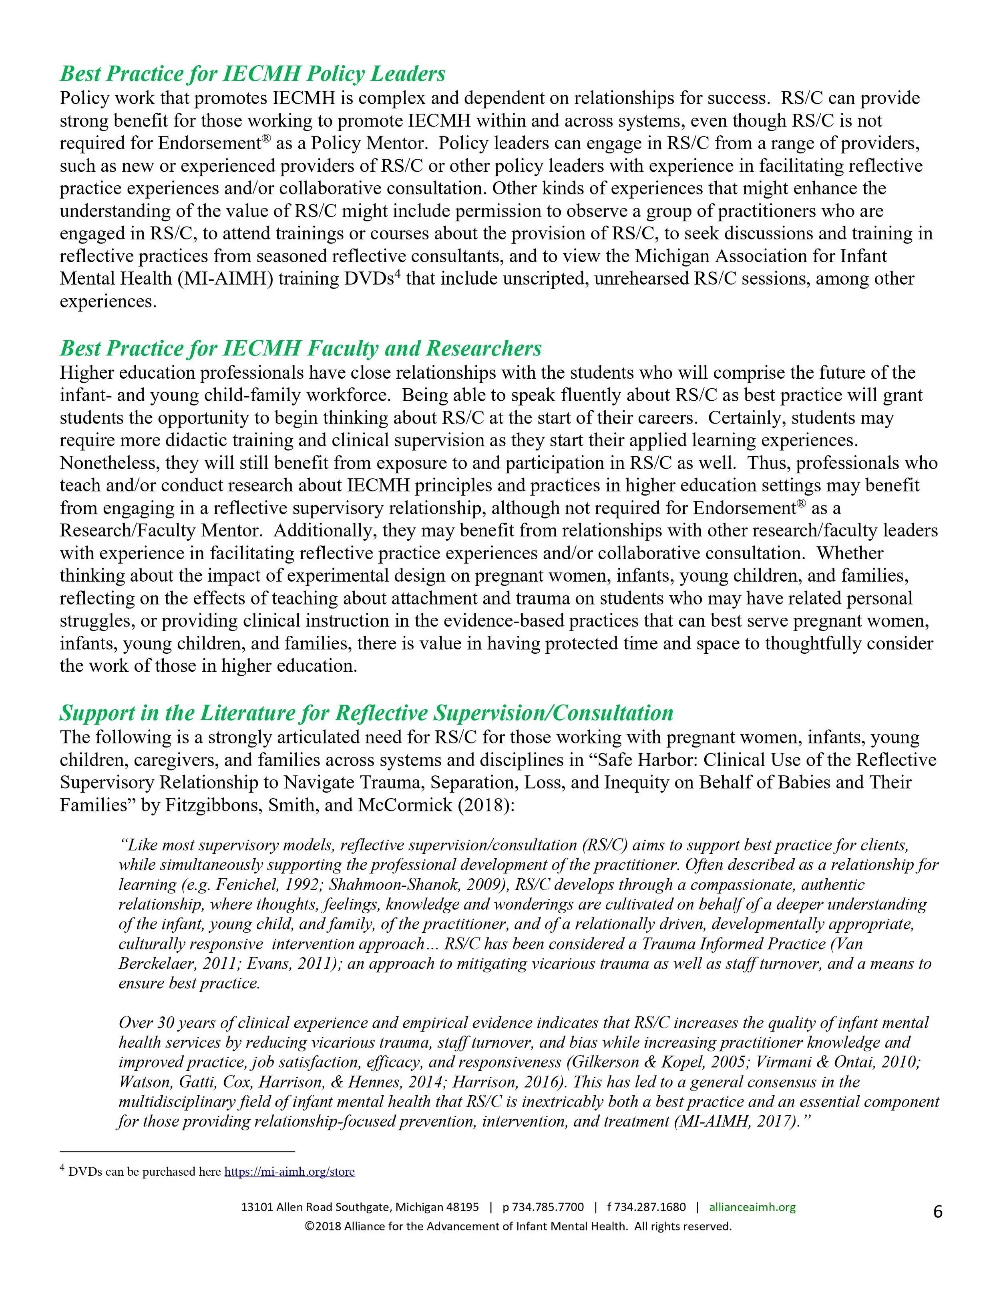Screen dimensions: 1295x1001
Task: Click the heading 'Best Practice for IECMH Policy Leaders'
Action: pyautogui.click(x=253, y=74)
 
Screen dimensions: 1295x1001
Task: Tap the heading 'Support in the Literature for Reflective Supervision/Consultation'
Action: pyautogui.click(x=366, y=713)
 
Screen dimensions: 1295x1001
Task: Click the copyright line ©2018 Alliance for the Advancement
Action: pyautogui.click(x=518, y=1226)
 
